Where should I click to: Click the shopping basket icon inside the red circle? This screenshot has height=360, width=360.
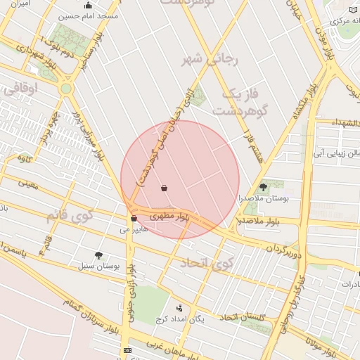(165, 188)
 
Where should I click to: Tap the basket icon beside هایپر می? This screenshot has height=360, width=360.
(134, 219)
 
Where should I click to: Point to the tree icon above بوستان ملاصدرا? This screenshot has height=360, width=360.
(263, 187)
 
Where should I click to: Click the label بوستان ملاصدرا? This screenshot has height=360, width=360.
(262, 199)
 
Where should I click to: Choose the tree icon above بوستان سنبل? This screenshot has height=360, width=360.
(98, 255)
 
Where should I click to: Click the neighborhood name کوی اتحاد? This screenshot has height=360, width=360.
(205, 264)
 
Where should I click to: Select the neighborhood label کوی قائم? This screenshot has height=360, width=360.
(70, 215)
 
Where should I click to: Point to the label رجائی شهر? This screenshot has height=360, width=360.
(210, 58)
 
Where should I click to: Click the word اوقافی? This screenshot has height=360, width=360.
(25, 89)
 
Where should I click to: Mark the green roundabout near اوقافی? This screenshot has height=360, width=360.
(66, 89)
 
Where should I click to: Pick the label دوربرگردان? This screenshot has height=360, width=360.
(283, 250)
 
